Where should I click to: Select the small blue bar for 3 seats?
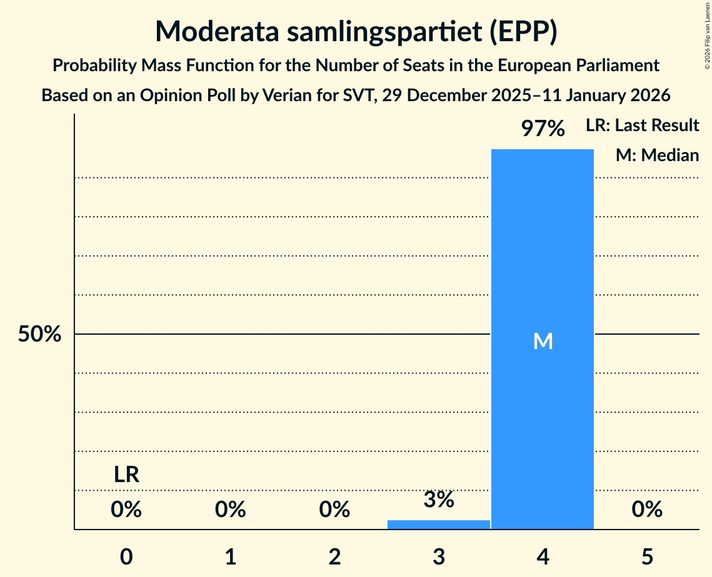click(x=439, y=524)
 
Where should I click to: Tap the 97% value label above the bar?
click(x=543, y=129)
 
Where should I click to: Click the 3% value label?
click(x=439, y=500)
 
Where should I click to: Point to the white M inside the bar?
click(x=543, y=341)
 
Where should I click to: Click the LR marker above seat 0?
click(x=126, y=475)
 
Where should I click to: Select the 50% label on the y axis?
click(x=39, y=335)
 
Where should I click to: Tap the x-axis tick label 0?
click(x=126, y=556)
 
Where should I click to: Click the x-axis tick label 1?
click(x=231, y=556)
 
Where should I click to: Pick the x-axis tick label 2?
click(x=334, y=556)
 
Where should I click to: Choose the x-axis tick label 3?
click(x=439, y=556)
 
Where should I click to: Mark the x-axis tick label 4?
click(x=543, y=556)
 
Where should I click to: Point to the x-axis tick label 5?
click(x=647, y=556)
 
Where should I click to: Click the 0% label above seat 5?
click(x=647, y=510)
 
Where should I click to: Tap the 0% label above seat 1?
click(x=231, y=510)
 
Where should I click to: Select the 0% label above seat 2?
click(x=334, y=510)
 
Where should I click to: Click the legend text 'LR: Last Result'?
click(x=642, y=126)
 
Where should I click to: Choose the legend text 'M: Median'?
click(x=657, y=155)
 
